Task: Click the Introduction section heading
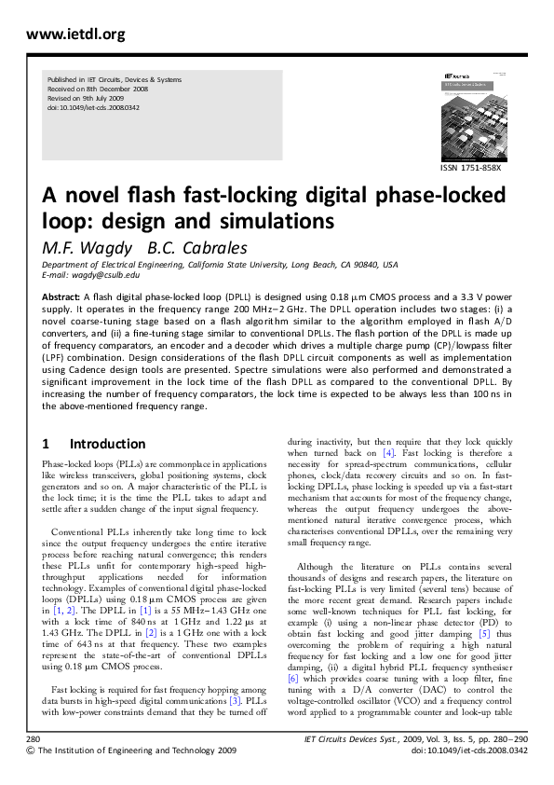107,444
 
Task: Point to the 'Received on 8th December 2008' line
97,90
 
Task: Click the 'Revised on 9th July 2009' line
89,99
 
